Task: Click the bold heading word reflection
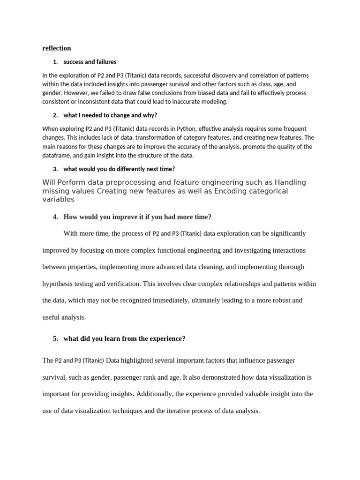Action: [56, 48]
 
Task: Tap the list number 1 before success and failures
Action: [55, 62]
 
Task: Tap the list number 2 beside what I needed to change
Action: [55, 115]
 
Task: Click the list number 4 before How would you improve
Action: [55, 217]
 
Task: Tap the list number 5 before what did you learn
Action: [55, 338]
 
